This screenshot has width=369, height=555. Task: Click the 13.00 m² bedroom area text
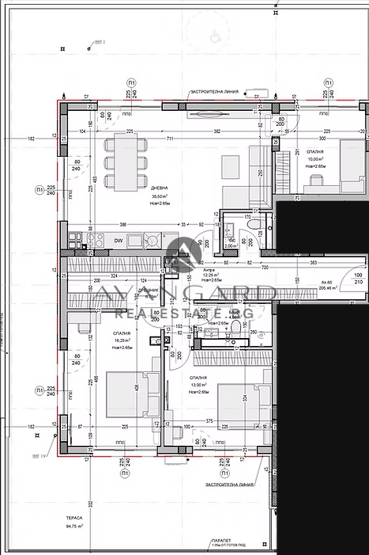pyautogui.click(x=198, y=385)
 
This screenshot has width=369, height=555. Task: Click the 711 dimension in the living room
pyautogui.click(x=170, y=139)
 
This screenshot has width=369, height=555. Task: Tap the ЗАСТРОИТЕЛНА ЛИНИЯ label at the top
pyautogui.click(x=214, y=92)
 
